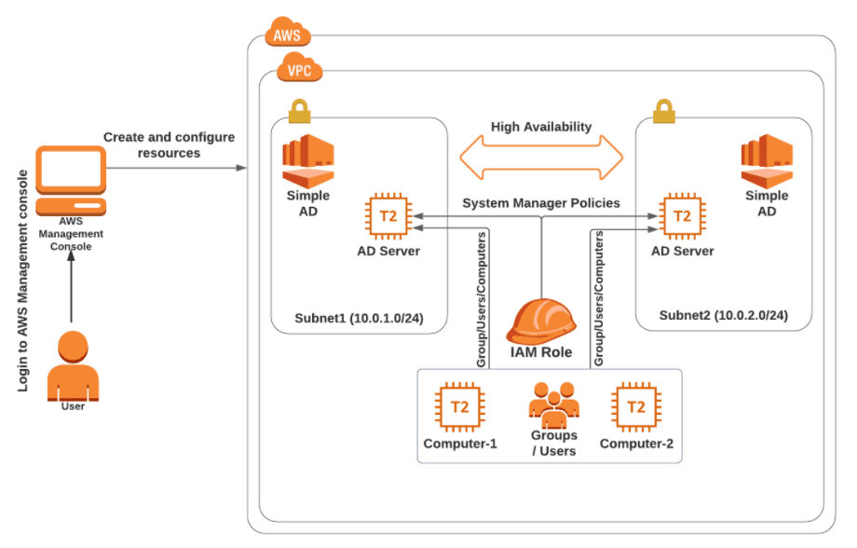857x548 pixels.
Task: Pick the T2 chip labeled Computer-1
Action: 459,407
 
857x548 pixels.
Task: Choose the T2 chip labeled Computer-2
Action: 636,407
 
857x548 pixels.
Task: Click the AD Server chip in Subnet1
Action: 388,216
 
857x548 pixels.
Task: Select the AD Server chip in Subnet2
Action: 682,216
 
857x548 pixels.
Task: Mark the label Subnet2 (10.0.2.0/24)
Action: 723,316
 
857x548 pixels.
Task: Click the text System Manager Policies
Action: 541,203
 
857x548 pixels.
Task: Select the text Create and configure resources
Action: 169,144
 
